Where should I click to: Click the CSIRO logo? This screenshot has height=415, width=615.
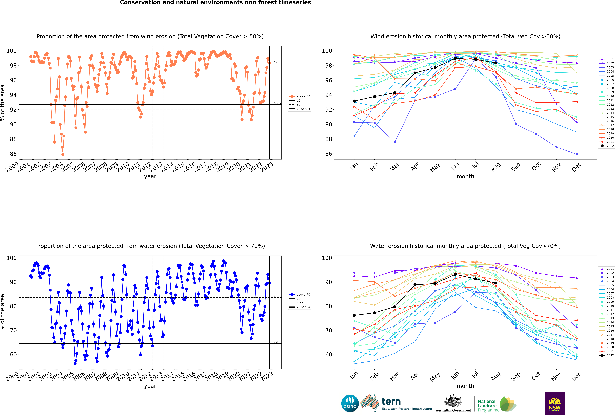[x=350, y=403]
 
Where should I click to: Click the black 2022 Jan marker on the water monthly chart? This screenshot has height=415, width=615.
[x=354, y=315]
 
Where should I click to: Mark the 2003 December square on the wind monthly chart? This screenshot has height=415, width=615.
[x=577, y=154]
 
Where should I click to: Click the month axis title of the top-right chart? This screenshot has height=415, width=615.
[x=465, y=177]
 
